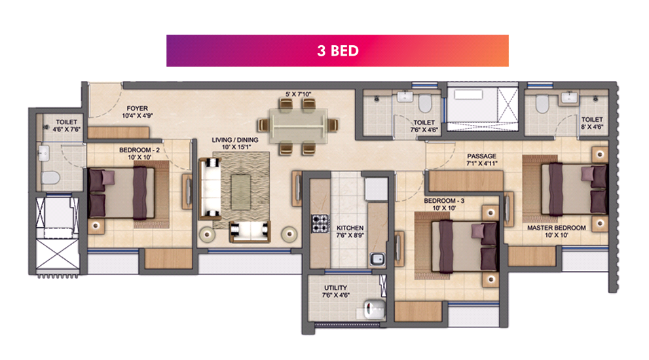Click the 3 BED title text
[x=338, y=50]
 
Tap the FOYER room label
[x=137, y=108]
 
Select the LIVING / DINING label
[x=234, y=140]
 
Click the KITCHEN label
[x=350, y=228]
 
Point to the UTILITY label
[x=336, y=287]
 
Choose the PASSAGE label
[x=481, y=156]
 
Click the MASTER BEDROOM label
[x=556, y=228]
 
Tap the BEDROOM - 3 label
[x=444, y=201]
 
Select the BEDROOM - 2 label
[x=139, y=150]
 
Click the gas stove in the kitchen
[x=320, y=223]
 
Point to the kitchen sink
[x=377, y=259]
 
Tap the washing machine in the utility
[x=375, y=309]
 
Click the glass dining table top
[x=298, y=126]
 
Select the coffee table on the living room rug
[x=240, y=192]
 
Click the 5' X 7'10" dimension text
[x=298, y=94]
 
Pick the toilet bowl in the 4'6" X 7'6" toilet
[x=50, y=178]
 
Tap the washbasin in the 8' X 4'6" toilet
[x=570, y=98]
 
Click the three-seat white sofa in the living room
[x=210, y=189]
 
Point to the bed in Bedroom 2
[x=122, y=193]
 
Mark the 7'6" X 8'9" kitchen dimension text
[x=350, y=236]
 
